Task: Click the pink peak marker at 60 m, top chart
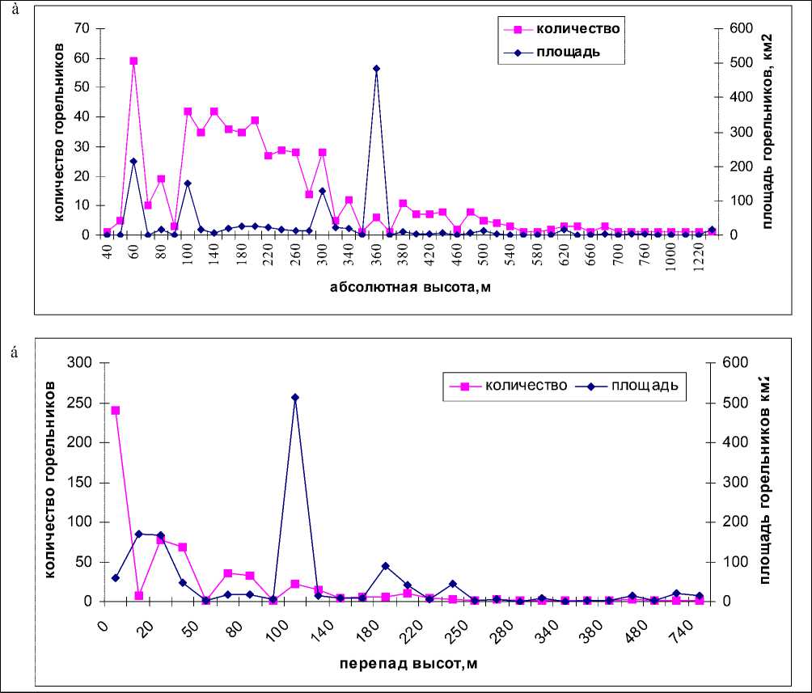point(133,61)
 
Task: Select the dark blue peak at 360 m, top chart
point(376,69)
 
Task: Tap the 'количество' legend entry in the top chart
point(577,29)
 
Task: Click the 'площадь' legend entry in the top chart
point(566,53)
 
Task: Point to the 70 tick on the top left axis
point(82,28)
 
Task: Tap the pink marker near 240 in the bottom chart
point(116,410)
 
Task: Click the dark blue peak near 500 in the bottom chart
point(295,397)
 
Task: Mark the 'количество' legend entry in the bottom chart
point(525,385)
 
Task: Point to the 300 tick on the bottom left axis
point(79,362)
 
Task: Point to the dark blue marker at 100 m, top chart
point(188,184)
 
